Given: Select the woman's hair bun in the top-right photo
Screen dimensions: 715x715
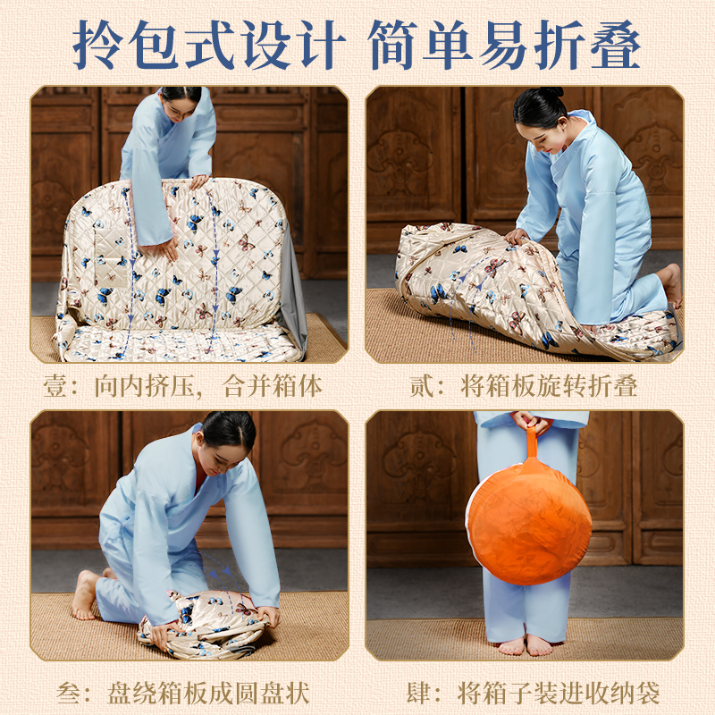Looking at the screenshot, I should pos(547,94).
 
